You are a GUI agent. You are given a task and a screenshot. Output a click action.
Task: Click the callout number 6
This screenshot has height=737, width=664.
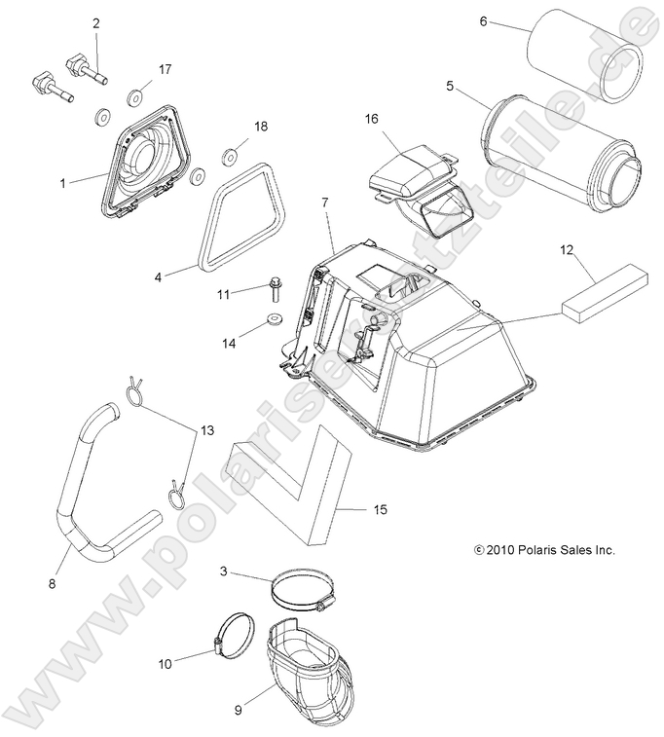483,20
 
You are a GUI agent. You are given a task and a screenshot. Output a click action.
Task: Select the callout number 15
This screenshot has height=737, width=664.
381,508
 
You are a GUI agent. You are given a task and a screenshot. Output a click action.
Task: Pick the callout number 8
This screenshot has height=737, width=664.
52,583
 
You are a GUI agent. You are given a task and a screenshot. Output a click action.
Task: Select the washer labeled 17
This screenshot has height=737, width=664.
134,97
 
